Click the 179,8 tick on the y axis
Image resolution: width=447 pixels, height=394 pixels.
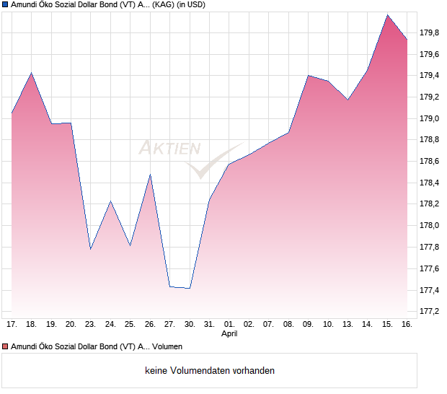(x=430, y=32)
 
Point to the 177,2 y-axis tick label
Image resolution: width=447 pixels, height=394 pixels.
(x=430, y=312)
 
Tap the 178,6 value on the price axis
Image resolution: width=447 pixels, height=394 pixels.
(x=430, y=162)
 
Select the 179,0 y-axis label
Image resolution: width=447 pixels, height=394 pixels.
(x=430, y=118)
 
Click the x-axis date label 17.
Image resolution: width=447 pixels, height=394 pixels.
(x=12, y=325)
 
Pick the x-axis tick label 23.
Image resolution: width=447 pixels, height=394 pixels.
(x=90, y=325)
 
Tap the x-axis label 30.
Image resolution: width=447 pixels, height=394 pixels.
(x=189, y=325)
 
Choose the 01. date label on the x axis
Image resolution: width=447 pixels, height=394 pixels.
(x=229, y=325)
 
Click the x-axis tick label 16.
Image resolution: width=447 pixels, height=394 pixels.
(x=407, y=325)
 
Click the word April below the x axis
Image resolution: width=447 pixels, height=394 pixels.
(x=229, y=334)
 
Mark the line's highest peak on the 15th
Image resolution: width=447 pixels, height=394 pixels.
(x=387, y=14)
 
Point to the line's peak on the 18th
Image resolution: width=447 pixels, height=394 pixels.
(x=31, y=73)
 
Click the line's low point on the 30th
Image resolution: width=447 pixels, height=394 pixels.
(x=189, y=288)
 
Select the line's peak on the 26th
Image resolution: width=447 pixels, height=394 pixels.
(x=150, y=174)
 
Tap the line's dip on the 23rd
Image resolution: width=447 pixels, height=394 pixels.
(x=90, y=249)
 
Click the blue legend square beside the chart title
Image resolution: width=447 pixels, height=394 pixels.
(x=5, y=5)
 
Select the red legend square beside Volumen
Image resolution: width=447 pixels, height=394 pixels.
(x=5, y=346)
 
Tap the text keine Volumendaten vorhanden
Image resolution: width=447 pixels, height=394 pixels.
(x=209, y=371)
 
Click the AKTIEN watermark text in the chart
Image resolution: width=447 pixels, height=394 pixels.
(x=169, y=149)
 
